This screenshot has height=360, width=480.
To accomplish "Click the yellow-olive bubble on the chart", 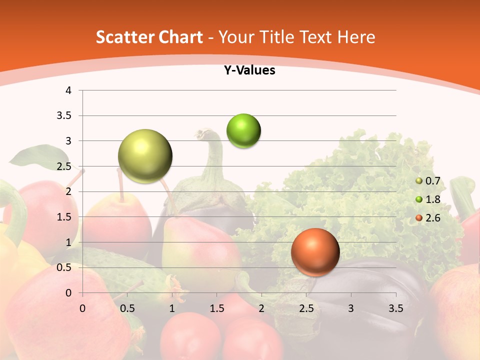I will coord(145,156).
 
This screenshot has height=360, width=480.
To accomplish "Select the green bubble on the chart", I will coord(243,131).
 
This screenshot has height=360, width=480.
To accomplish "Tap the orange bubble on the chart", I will coord(315,252).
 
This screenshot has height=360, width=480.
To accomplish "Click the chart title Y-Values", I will coord(249,70).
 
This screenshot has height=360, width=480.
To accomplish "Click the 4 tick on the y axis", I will coord(68,90).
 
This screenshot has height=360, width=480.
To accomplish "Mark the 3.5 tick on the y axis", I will coord(65,116).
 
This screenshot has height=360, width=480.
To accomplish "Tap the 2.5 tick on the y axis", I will coord(65,166).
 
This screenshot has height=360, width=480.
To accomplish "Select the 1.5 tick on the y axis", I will coord(65,217).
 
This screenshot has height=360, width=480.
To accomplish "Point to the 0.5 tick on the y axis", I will coord(65,267).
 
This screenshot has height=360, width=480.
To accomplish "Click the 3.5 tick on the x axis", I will coord(395,308).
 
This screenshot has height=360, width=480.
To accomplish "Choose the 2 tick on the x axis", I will coord(261,308).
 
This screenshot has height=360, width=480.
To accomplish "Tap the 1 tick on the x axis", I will coord(172,308).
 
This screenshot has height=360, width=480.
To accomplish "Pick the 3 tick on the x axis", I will coord(351,308).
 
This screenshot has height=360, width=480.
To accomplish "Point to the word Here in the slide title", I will coord(356,37).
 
